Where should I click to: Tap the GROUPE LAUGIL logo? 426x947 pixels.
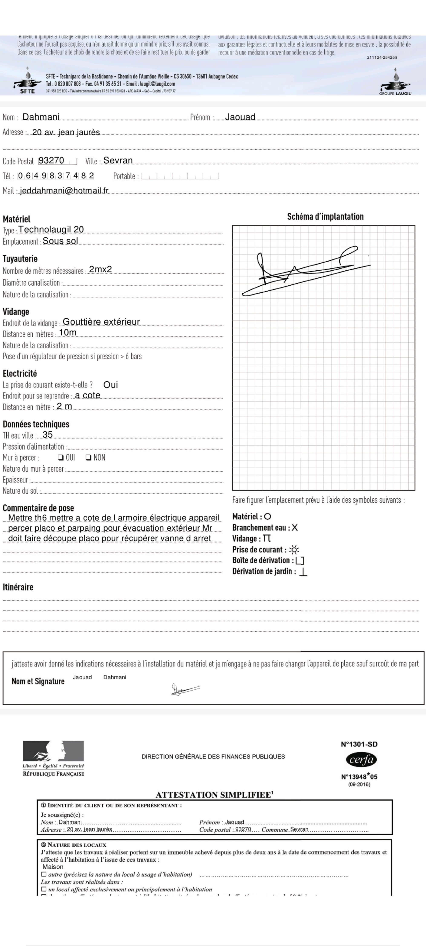pos(395,82)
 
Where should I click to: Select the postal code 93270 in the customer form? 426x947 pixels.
pos(52,161)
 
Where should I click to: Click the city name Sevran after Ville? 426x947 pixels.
pos(118,161)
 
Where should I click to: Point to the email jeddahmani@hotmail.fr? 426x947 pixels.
pos(64,191)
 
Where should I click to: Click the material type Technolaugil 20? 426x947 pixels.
pos(51,230)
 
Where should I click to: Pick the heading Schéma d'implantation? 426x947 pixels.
pos(325,217)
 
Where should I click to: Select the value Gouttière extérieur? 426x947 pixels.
pos(101,322)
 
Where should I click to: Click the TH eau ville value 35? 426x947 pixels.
pos(48,435)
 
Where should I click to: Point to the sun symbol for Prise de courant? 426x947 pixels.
pos(294,550)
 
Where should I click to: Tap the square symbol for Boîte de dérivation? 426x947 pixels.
pos(300,561)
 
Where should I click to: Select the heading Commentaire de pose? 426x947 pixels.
pos(38,508)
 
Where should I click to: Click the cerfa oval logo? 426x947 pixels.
pos(361,759)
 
